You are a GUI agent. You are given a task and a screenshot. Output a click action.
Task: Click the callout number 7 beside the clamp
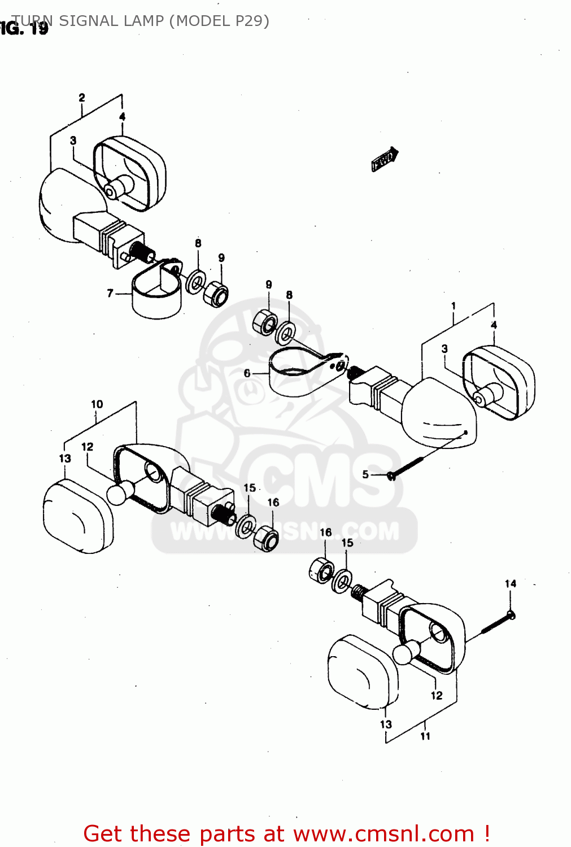pyautogui.click(x=110, y=293)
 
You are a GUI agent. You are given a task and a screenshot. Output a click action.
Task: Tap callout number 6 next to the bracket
pyautogui.click(x=247, y=373)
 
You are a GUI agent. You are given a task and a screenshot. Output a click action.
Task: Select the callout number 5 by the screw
pyautogui.click(x=365, y=474)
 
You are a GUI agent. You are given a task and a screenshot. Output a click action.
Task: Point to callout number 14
pyautogui.click(x=510, y=584)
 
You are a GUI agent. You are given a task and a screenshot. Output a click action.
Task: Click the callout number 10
pyautogui.click(x=97, y=404)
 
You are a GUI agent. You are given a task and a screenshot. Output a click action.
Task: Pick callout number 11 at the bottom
pyautogui.click(x=425, y=736)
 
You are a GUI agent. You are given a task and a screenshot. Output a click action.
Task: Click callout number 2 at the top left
pyautogui.click(x=82, y=98)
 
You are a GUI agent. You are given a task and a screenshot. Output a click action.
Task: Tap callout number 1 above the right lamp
pyautogui.click(x=453, y=306)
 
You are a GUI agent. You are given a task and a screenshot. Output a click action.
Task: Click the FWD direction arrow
pyautogui.click(x=385, y=160)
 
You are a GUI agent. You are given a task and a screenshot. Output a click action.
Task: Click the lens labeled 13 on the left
pyautogui.click(x=77, y=517)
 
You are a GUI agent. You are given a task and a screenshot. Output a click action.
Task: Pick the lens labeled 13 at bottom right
pyautogui.click(x=362, y=672)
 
